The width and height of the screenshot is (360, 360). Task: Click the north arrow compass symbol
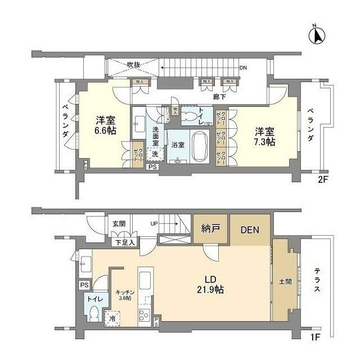(x=317, y=35)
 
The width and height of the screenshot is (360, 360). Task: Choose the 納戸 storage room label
(x=211, y=229)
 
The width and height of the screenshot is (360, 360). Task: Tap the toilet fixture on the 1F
(x=94, y=313)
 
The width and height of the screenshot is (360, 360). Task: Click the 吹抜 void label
(x=133, y=65)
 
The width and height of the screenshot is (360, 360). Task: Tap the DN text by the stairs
(x=242, y=68)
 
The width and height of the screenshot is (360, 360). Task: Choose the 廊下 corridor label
(x=219, y=97)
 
